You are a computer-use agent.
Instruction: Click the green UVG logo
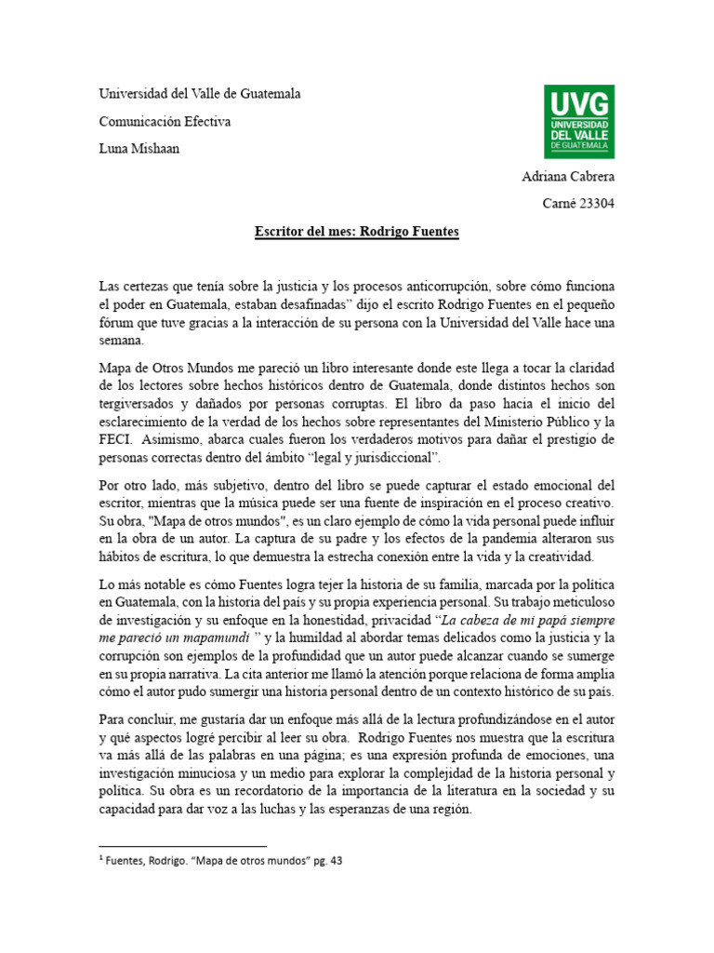pyautogui.click(x=576, y=121)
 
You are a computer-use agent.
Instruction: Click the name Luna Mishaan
pyautogui.click(x=139, y=149)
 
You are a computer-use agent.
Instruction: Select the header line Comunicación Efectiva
pyautogui.click(x=165, y=122)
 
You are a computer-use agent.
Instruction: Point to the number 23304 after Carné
pyautogui.click(x=596, y=204)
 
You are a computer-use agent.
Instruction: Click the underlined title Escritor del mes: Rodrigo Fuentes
pyautogui.click(x=357, y=231)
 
